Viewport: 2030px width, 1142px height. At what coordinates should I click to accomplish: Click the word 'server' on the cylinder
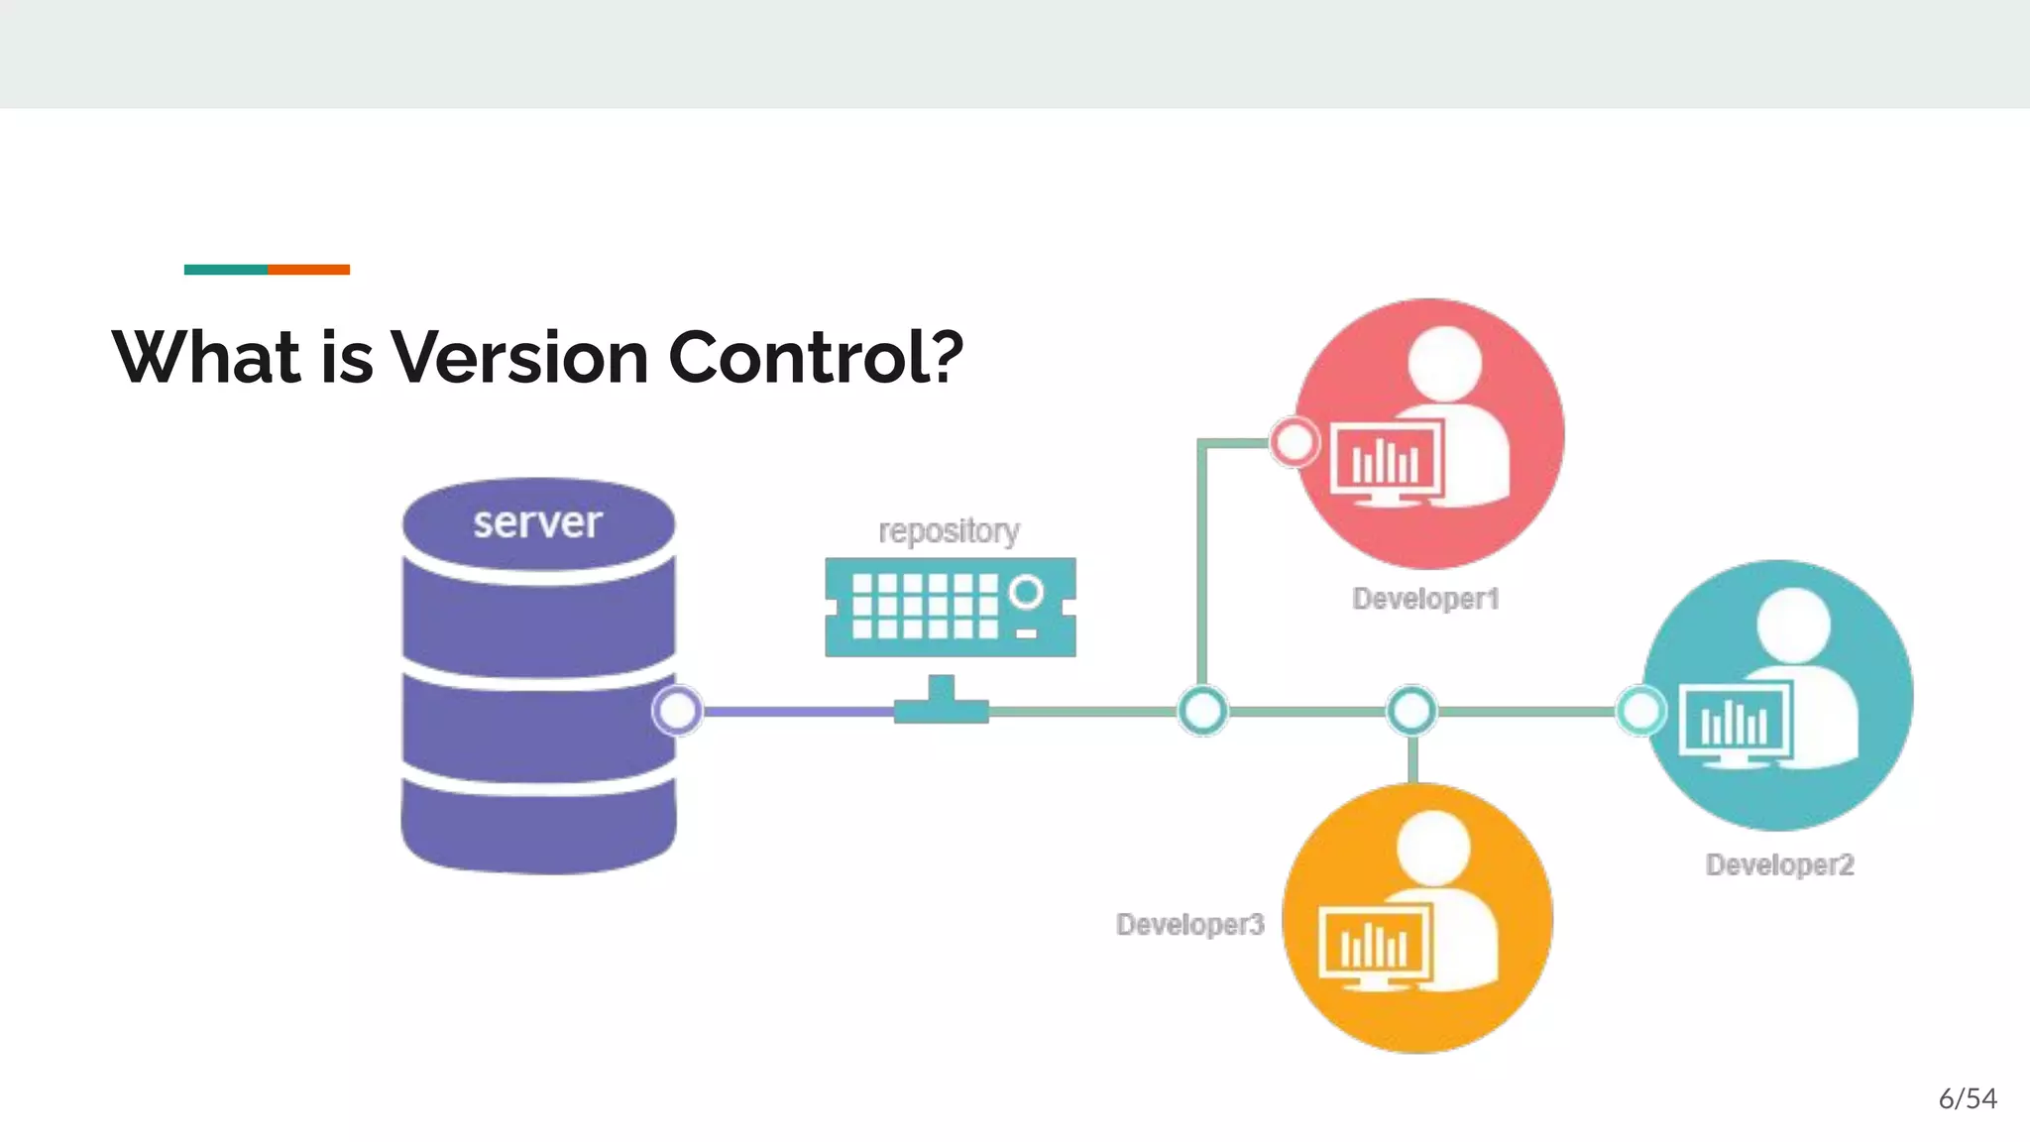(537, 522)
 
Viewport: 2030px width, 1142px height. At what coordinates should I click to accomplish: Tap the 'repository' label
(949, 531)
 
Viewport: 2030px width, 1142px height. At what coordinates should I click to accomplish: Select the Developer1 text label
(1425, 599)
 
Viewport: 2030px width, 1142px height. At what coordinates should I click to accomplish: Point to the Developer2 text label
(1779, 864)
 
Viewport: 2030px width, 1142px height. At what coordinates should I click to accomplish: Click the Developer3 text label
(1189, 924)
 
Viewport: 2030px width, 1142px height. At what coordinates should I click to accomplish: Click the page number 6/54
(1968, 1098)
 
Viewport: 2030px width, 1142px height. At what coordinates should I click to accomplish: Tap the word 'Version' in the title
(519, 357)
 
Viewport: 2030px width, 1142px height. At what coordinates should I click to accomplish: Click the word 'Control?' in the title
(816, 357)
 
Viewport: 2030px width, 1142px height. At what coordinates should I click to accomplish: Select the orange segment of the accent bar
(308, 270)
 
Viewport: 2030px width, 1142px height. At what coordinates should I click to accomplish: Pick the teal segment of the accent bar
(225, 270)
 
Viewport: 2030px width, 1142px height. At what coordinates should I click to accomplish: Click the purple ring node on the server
(678, 710)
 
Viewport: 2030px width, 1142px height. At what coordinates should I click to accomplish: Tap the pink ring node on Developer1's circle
(1295, 442)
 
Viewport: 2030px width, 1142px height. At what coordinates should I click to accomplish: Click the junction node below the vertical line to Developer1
(1202, 710)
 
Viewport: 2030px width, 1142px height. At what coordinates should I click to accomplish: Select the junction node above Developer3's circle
(1411, 710)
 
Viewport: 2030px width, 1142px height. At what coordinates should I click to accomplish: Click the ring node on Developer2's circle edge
(1640, 710)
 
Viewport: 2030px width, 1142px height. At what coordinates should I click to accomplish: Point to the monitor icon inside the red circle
(1385, 462)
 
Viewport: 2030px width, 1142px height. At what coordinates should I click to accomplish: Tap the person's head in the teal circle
(1793, 625)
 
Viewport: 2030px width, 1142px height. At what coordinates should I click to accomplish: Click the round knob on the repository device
(1026, 593)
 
